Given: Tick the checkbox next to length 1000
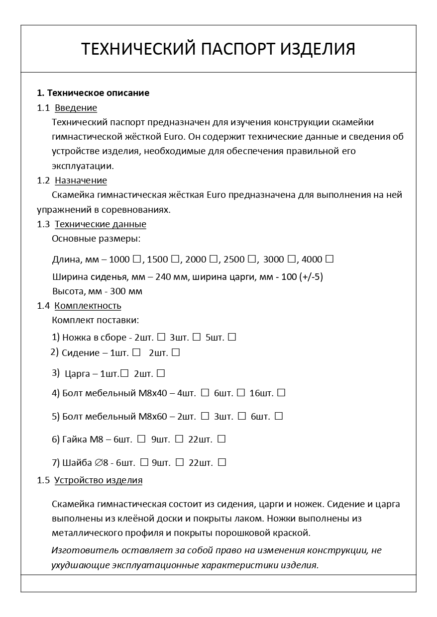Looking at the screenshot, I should pos(137,259).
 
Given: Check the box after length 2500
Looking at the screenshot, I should pos(252,259).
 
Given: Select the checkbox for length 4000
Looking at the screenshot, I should pos(329,259).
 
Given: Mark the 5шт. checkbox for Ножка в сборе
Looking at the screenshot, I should pos(231,337).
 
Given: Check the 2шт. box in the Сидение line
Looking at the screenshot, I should pos(175,353).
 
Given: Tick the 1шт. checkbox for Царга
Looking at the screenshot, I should pos(124,373).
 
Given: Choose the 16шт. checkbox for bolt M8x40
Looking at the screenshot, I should pos(281,393).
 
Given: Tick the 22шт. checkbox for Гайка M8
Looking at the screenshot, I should pos(221,439).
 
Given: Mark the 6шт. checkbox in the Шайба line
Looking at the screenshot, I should pos(144,462).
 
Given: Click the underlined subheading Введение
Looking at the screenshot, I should pos(76,108).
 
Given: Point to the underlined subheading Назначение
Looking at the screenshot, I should pos(81,180).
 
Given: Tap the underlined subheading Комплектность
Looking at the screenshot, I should pos(88,306).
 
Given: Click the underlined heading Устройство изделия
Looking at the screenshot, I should pos(98,480).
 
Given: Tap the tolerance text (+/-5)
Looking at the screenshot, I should pos(312,277).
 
